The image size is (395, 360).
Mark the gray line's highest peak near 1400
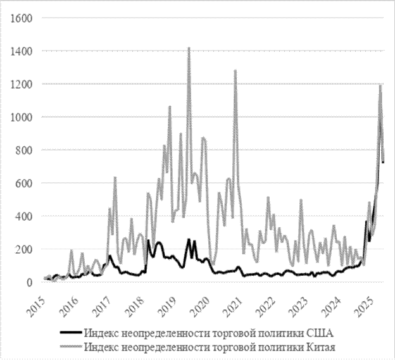(189, 48)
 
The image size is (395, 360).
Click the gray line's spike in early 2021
(235, 70)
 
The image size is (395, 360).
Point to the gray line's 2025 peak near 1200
(380, 85)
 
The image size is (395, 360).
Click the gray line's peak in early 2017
(115, 178)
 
